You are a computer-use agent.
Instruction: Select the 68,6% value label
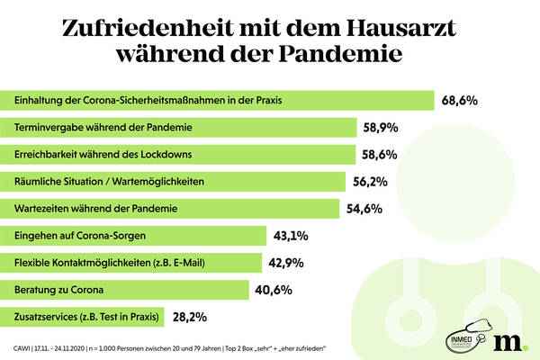[x=459, y=100]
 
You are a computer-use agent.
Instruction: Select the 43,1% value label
[x=291, y=236]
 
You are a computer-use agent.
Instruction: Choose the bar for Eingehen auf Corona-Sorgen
[x=136, y=236]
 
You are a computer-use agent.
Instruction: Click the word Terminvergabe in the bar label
[x=46, y=127]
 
